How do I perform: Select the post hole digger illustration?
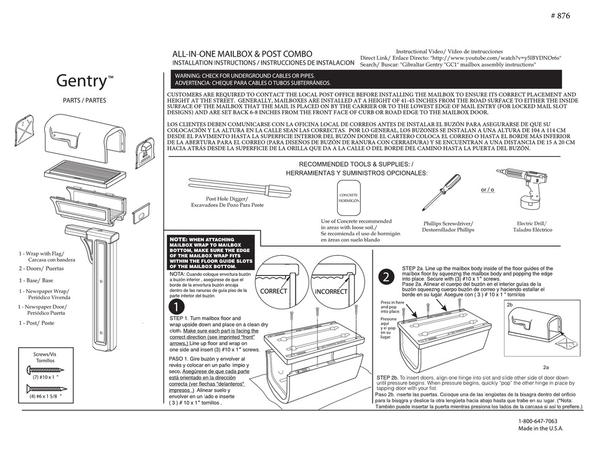click(x=231, y=187)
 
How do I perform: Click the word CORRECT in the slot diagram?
click(x=274, y=291)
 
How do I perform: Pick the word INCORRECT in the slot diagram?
click(x=331, y=291)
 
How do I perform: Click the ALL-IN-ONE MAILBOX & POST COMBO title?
click(x=238, y=55)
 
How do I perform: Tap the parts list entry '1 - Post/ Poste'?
click(x=37, y=323)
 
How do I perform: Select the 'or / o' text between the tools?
click(x=488, y=189)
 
